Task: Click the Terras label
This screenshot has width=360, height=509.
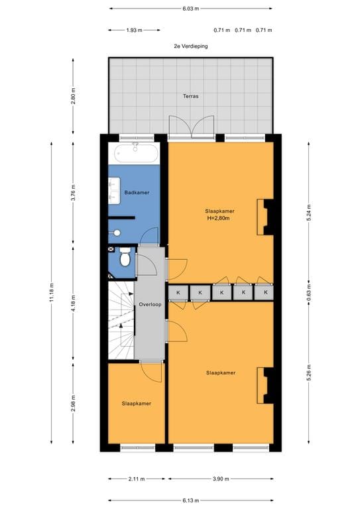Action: (190, 96)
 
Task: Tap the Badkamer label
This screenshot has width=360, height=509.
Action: (137, 192)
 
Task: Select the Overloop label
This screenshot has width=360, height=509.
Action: (150, 304)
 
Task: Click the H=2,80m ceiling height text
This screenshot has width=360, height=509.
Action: (219, 218)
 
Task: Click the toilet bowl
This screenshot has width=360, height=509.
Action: (125, 257)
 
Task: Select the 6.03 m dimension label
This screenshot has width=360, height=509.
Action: (190, 9)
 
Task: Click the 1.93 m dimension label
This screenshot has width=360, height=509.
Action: (134, 30)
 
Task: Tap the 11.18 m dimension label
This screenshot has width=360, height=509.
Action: (52, 292)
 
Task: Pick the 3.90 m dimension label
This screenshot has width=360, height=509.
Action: (221, 479)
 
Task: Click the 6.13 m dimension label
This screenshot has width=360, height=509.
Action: (190, 500)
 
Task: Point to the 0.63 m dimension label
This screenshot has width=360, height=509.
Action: (309, 292)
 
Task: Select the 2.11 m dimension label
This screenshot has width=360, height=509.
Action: (137, 479)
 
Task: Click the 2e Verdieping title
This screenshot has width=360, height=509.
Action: (191, 46)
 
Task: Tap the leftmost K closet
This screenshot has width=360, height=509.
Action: (178, 292)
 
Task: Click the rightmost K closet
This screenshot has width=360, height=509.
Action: (265, 292)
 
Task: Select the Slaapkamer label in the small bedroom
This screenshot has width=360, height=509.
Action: (137, 404)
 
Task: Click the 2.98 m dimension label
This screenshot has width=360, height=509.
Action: (74, 403)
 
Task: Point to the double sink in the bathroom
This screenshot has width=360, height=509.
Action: (114, 191)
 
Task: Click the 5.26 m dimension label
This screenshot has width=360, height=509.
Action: (309, 373)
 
